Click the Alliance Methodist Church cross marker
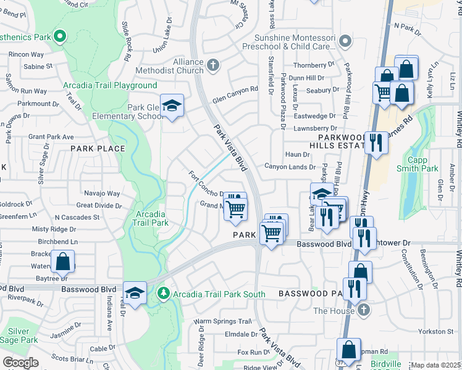pyautogui.click(x=213, y=65)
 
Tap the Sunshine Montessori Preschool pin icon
pyautogui.click(x=345, y=42)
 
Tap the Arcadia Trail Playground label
pyautogui.click(x=109, y=85)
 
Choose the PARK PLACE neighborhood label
pyautogui.click(x=98, y=149)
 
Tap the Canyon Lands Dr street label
pyautogui.click(x=290, y=166)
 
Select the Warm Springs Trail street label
pyautogui.click(x=223, y=321)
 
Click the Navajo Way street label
pyautogui.click(x=101, y=194)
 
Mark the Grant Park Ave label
pyautogui.click(x=51, y=137)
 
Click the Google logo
pyautogui.click(x=20, y=363)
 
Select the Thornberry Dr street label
pyautogui.click(x=314, y=65)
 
